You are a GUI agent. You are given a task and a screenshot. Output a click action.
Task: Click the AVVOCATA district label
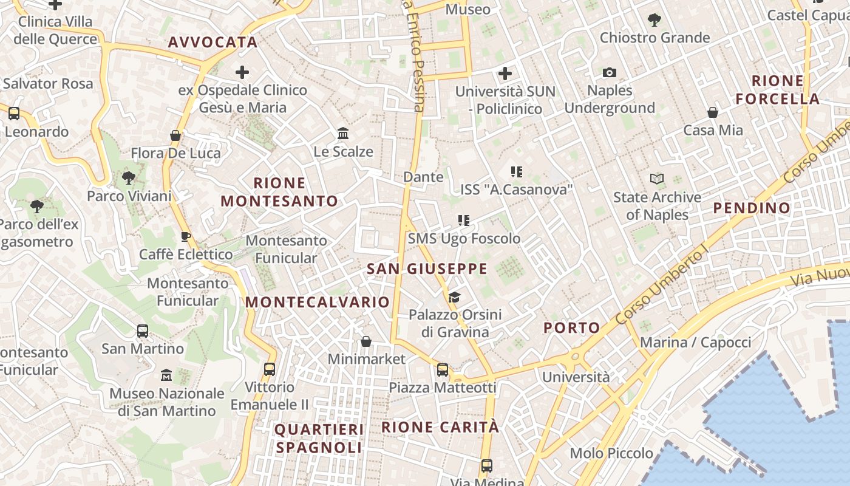[x=212, y=43]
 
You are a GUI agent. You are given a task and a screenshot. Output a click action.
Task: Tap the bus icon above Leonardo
[x=13, y=114]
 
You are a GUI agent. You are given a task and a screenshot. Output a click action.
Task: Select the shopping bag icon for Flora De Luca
[x=175, y=135]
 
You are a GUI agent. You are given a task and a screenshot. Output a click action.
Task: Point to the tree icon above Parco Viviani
[x=128, y=178]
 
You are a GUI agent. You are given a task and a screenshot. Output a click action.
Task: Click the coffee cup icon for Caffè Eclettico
[x=186, y=236]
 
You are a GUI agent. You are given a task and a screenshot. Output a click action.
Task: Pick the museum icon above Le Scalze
[x=343, y=133]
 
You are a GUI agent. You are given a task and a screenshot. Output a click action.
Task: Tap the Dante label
[x=424, y=177]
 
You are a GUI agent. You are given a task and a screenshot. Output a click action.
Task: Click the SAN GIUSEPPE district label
[x=427, y=269]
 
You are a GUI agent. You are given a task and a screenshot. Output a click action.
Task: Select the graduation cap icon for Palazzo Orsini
[x=454, y=297]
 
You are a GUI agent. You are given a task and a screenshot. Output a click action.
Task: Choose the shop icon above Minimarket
[x=365, y=341]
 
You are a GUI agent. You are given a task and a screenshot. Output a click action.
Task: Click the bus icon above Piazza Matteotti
[x=443, y=369]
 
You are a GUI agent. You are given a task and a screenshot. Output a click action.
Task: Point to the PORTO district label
[x=571, y=328]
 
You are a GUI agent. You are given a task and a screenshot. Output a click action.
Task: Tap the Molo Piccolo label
[x=611, y=453]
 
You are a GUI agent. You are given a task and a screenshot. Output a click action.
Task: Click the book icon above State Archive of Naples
[x=657, y=179]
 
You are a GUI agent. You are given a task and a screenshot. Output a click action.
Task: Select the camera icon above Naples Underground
[x=610, y=73]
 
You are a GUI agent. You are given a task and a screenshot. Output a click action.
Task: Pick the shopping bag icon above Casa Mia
[x=713, y=112]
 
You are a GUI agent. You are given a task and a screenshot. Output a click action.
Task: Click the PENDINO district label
[x=752, y=208]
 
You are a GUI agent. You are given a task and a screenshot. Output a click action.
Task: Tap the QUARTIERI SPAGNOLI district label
[x=319, y=439]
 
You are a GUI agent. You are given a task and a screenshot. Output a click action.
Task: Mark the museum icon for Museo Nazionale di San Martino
[x=166, y=375]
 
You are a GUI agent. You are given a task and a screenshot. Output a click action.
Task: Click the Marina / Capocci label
[x=695, y=342]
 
